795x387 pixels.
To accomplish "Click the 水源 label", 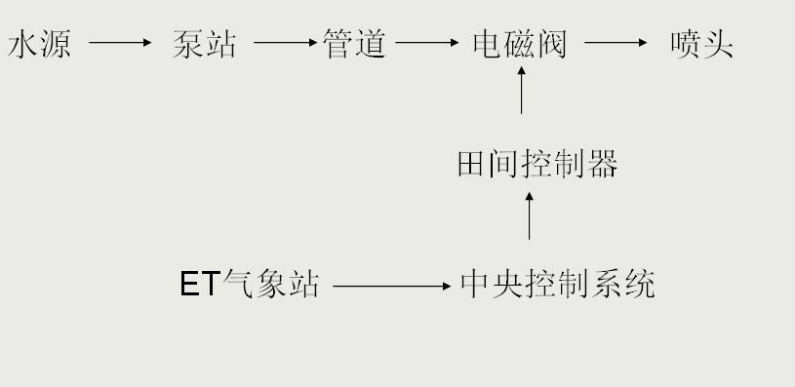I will pos(40,44).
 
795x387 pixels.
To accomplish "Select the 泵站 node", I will pos(204,44).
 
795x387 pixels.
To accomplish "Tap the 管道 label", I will pos(354,44).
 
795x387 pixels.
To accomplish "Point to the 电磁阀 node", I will pos(519,44).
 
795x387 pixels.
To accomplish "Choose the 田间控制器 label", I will pos(537,165).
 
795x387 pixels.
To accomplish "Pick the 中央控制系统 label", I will pos(557,285).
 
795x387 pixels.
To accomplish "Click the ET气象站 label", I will pos(250,285).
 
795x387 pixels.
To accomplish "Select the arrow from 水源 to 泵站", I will pos(121,43).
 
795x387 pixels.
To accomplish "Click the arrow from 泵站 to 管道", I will pos(285,43).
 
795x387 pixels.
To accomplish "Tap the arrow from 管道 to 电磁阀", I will pos(427,43).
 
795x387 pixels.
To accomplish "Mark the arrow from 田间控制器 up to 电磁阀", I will pos(522,93).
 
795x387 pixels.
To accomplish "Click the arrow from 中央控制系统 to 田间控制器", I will pos(530,214).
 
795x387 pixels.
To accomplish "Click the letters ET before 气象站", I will pos(200,285).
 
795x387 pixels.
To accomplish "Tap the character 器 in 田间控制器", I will pos(604,165).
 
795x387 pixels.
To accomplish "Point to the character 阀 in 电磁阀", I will pos(551,44).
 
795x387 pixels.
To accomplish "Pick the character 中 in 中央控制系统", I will pos(475,285).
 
